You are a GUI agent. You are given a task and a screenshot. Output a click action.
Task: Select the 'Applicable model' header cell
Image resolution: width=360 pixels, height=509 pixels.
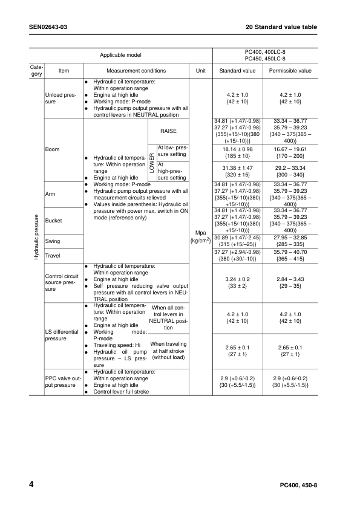(120, 55)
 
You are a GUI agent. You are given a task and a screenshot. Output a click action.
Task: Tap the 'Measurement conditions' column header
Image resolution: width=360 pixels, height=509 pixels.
(136, 71)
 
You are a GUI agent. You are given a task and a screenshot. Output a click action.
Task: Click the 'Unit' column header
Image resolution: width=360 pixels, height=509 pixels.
(201, 71)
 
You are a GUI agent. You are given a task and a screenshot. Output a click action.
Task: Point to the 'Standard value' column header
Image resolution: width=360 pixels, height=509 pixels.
(237, 71)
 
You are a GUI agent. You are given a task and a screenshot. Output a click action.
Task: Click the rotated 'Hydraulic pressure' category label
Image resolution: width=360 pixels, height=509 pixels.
(36, 236)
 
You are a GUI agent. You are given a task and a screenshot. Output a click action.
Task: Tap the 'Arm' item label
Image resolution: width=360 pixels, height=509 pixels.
(50, 194)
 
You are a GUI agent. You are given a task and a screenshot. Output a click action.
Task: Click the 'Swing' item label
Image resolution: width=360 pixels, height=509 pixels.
(53, 241)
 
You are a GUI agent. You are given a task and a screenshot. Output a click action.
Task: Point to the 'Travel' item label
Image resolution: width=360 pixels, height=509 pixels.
(53, 256)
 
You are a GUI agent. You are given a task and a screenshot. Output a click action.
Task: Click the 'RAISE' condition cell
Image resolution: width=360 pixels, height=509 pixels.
(169, 131)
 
